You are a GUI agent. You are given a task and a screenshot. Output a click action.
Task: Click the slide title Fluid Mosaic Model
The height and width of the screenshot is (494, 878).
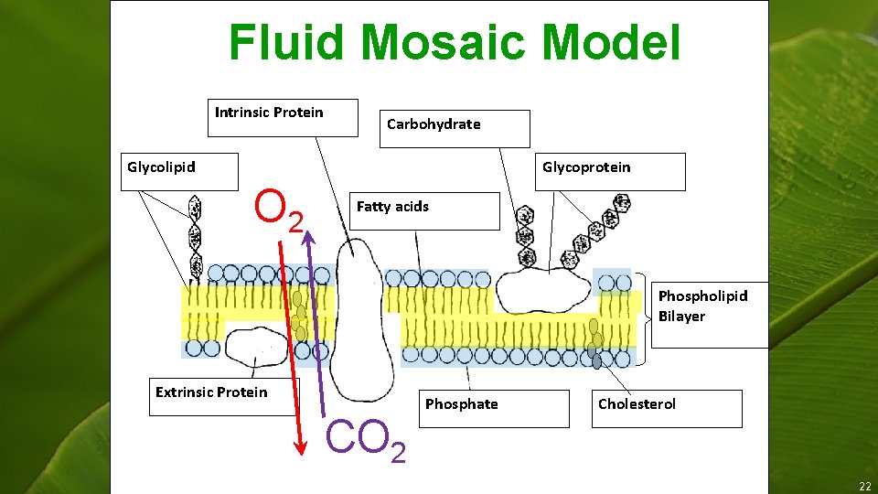(455, 43)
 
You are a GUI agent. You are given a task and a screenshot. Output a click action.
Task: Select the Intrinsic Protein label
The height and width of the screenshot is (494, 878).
(269, 113)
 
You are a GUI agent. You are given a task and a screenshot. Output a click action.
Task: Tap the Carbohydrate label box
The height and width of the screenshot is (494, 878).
(434, 124)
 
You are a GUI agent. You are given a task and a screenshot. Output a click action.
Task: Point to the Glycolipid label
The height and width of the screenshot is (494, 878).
(161, 166)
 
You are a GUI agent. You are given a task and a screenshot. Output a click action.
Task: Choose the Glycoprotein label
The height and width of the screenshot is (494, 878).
(586, 166)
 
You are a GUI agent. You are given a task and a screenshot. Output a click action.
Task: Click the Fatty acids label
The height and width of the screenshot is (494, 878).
(392, 207)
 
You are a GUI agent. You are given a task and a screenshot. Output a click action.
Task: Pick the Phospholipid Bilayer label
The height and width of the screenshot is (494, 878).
(702, 306)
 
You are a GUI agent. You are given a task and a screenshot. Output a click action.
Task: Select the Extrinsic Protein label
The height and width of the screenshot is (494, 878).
(211, 392)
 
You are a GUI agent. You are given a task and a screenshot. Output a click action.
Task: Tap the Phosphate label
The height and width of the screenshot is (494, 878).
(462, 404)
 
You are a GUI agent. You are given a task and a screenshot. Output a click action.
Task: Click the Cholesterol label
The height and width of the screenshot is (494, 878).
(637, 404)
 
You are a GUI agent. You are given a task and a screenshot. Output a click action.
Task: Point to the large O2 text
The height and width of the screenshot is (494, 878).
(279, 210)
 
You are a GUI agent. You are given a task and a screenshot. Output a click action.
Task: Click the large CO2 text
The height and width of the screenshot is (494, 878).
(366, 439)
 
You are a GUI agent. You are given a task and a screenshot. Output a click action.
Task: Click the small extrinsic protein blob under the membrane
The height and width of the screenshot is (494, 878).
(256, 345)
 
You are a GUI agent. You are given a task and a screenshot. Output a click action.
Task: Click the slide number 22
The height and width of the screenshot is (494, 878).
(864, 485)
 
